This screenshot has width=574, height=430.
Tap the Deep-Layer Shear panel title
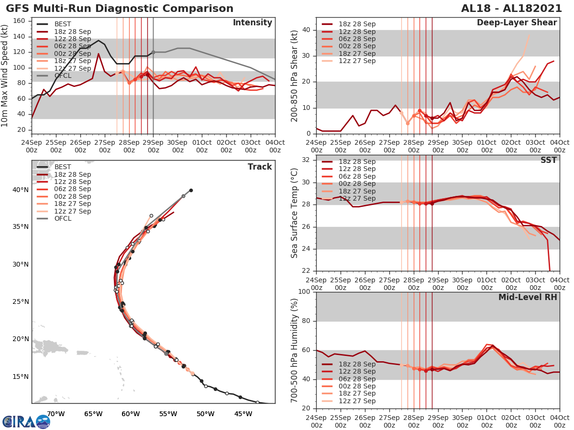pyautogui.click(x=517, y=23)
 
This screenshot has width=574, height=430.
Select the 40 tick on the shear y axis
pyautogui.click(x=307, y=30)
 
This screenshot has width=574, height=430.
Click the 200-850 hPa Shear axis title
pyautogui.click(x=295, y=75)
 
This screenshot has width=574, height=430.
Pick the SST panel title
pyautogui.click(x=548, y=160)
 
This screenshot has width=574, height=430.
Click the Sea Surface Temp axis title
pyautogui.click(x=295, y=212)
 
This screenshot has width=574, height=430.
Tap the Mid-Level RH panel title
pyautogui.click(x=528, y=297)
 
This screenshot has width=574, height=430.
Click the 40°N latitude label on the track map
pyautogui.click(x=20, y=190)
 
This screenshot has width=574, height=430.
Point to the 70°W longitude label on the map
pyautogui.click(x=56, y=414)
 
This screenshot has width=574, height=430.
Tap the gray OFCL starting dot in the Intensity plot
pyautogui.click(x=154, y=52)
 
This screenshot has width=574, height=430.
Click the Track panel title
pyautogui.click(x=259, y=167)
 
